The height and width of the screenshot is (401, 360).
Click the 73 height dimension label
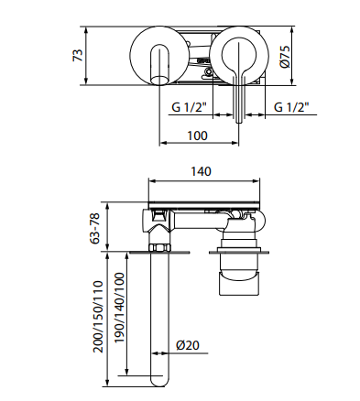(x=78, y=55)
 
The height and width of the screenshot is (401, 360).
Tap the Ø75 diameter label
(x=284, y=57)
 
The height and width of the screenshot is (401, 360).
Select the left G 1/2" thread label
(x=190, y=107)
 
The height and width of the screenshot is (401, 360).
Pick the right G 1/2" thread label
(x=291, y=107)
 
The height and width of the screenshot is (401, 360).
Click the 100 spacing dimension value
(x=197, y=135)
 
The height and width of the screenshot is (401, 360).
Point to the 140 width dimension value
(x=201, y=171)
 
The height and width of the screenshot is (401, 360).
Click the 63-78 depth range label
(x=95, y=228)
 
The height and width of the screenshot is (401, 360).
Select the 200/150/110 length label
(x=98, y=317)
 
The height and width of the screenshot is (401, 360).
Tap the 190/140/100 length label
(x=120, y=308)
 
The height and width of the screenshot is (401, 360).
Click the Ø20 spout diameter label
(x=188, y=345)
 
